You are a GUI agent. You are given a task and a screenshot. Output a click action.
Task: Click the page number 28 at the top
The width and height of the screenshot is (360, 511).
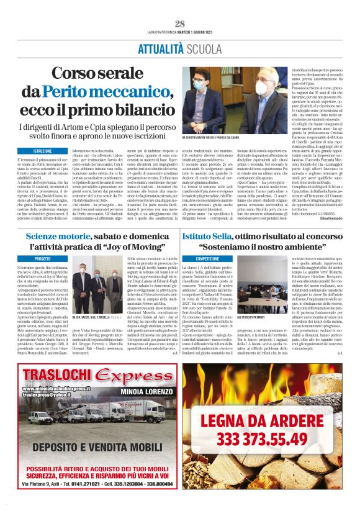click(x=180, y=24)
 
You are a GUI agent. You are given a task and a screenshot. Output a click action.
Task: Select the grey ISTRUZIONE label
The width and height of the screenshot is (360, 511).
click(x=43, y=151)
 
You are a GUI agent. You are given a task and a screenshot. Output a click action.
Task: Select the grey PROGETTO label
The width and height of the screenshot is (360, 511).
click(x=43, y=258)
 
